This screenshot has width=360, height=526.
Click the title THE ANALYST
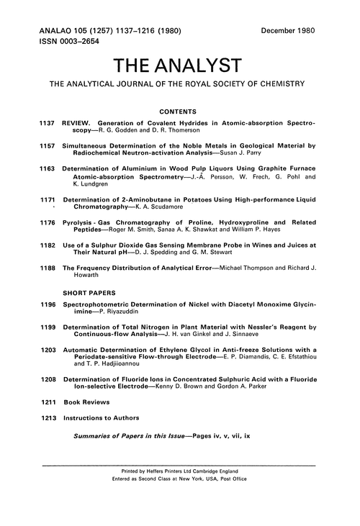click(180, 66)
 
